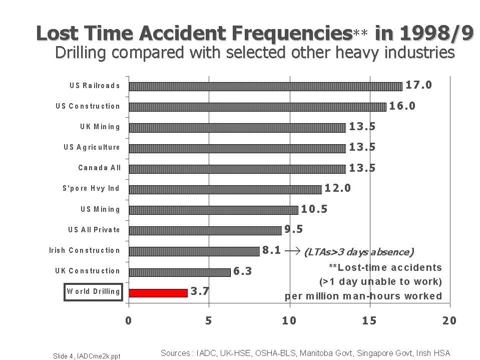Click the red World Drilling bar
(x=158, y=293)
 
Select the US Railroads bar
(x=265, y=86)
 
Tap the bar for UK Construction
(x=179, y=272)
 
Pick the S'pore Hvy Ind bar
(x=225, y=189)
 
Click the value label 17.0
(x=418, y=85)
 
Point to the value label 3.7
(x=200, y=291)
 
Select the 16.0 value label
(x=402, y=106)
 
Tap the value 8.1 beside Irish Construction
(x=272, y=250)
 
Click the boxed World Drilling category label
(x=93, y=292)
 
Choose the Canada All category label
(x=99, y=168)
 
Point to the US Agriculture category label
(x=92, y=147)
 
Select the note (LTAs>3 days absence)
(x=358, y=252)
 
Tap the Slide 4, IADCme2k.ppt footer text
(x=86, y=356)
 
